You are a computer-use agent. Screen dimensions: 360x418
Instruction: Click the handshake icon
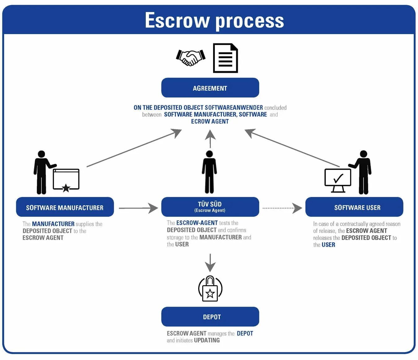pyautogui.click(x=190, y=58)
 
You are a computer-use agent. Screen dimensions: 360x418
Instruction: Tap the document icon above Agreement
pyautogui.click(x=225, y=58)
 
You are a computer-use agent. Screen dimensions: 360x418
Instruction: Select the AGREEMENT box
pyautogui.click(x=210, y=88)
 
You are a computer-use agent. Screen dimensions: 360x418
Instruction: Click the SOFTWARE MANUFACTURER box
pyautogui.click(x=65, y=207)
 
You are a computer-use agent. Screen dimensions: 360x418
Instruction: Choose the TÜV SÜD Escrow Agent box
pyautogui.click(x=210, y=207)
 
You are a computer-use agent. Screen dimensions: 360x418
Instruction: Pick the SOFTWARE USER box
pyautogui.click(x=354, y=207)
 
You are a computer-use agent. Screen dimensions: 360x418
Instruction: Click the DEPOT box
pyautogui.click(x=210, y=317)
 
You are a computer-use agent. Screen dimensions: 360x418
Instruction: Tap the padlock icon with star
pyautogui.click(x=210, y=289)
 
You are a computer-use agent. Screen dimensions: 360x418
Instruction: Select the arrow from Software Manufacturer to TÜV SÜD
pyautogui.click(x=138, y=208)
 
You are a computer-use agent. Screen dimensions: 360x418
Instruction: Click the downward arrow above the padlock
pyautogui.click(x=210, y=263)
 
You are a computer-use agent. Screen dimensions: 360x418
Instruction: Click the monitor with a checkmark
pyautogui.click(x=337, y=180)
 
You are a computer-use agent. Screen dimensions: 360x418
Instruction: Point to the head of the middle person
pyautogui.click(x=210, y=154)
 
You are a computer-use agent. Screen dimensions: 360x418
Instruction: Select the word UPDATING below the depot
pyautogui.click(x=207, y=340)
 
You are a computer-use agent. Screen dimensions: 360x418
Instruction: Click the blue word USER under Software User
pyautogui.click(x=328, y=245)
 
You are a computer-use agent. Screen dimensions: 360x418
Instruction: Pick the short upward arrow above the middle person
pyautogui.click(x=210, y=138)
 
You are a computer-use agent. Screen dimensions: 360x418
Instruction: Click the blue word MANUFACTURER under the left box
pyautogui.click(x=53, y=224)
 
